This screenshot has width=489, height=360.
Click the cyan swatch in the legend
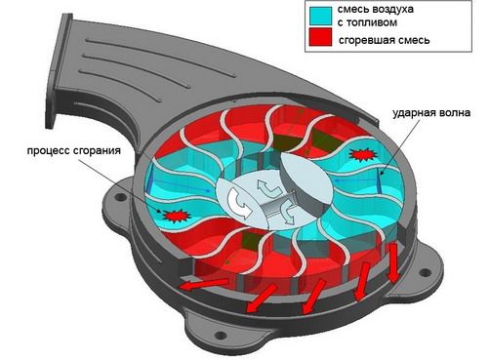coord(320,16)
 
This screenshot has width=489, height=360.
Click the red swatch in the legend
coord(320,37)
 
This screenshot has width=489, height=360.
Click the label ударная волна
coord(431,113)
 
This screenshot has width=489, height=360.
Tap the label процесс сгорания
coord(74,151)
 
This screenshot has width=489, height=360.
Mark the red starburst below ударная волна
coord(363,155)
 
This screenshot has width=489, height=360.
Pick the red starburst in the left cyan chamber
coord(176,216)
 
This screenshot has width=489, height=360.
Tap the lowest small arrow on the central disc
coord(288,213)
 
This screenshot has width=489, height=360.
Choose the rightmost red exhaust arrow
coord(392,262)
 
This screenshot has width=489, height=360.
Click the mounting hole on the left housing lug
coord(120,197)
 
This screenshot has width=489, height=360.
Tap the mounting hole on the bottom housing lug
coord(222,335)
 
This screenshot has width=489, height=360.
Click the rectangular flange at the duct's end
coord(59,71)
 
